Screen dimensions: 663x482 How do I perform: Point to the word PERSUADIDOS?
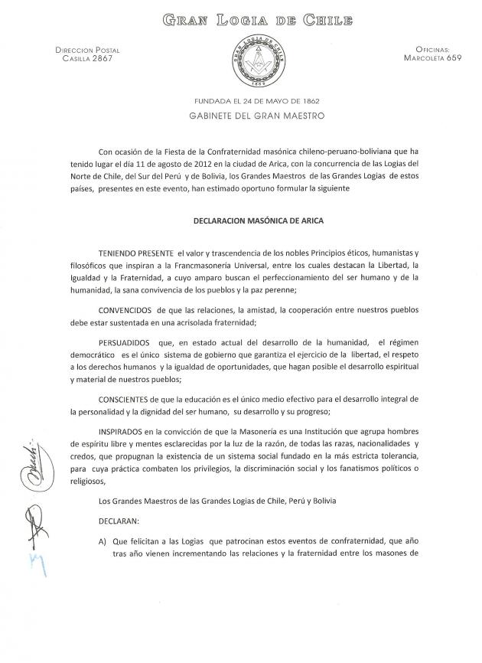click(127, 341)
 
